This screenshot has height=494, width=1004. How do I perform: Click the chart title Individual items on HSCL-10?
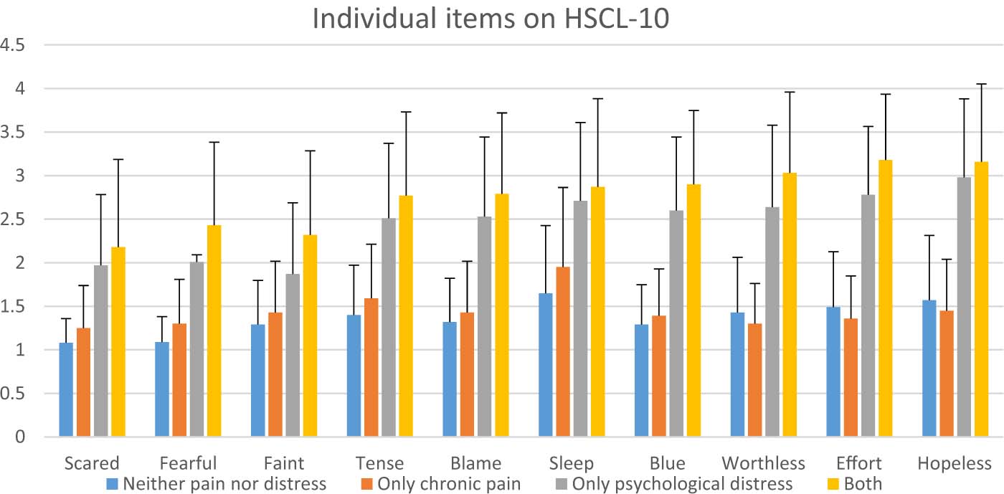tap(491, 19)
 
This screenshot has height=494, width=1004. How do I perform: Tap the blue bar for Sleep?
tap(545, 364)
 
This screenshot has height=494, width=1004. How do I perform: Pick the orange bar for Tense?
tap(371, 367)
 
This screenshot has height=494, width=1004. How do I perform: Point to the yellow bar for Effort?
tap(885, 298)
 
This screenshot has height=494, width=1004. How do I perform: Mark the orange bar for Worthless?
tap(772, 380)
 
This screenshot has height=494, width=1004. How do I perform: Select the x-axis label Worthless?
tap(763, 462)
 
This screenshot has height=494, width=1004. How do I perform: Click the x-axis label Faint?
tap(284, 462)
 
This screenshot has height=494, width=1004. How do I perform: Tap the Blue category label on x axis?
tap(668, 462)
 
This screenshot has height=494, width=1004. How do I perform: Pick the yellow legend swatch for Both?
tap(830, 483)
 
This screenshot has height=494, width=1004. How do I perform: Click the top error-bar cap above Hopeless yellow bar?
tap(981, 84)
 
